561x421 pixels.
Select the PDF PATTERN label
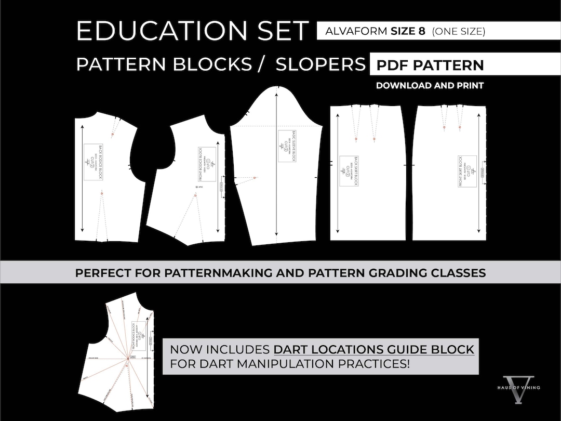430,65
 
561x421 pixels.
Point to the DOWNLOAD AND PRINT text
430,86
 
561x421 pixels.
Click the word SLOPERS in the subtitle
320,64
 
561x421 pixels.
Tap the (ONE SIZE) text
459,31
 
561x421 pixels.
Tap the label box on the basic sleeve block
287,146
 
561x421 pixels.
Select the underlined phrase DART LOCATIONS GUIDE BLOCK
374,349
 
